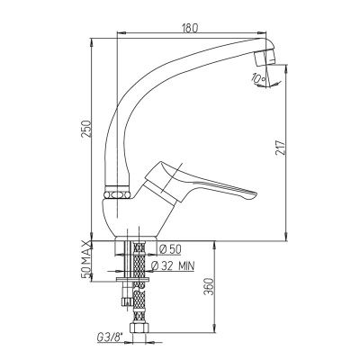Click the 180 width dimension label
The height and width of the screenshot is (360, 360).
(x=191, y=28)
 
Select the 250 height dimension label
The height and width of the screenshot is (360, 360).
(x=86, y=129)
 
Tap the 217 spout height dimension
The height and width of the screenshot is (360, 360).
(x=280, y=148)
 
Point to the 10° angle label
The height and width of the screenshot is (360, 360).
(x=257, y=79)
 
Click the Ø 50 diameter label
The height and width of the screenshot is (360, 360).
(x=170, y=249)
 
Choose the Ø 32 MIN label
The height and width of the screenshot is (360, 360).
(x=173, y=265)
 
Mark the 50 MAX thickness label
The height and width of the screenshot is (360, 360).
(x=86, y=260)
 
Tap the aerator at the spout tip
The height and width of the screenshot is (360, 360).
(x=265, y=58)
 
